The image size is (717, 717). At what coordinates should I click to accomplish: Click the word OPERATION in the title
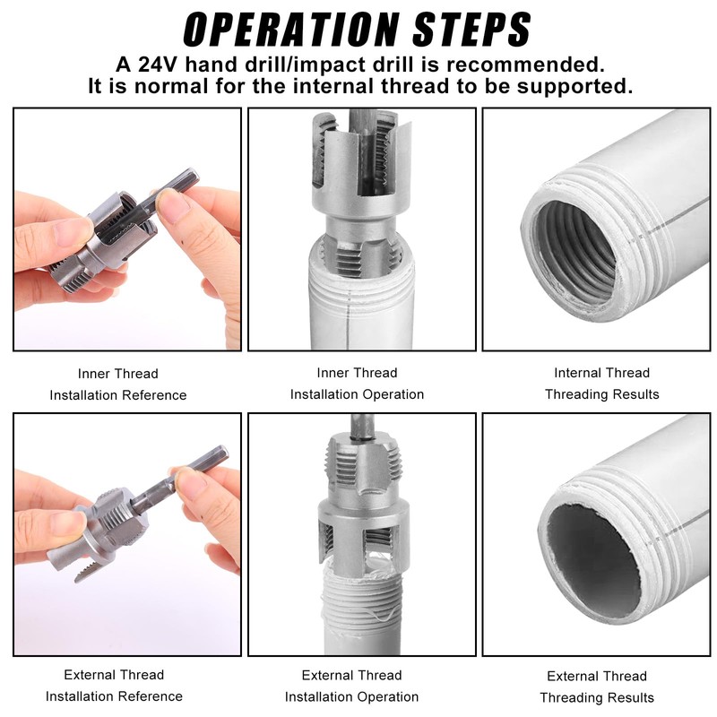coord(290,30)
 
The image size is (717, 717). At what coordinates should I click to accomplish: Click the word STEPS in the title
coord(471,30)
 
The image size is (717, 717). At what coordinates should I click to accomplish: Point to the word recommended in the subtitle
coord(525,65)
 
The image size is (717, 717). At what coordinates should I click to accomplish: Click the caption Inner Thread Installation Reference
coord(118,384)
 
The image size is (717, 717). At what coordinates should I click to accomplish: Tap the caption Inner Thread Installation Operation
coord(357,384)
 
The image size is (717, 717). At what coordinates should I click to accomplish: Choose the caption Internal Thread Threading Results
coord(601,384)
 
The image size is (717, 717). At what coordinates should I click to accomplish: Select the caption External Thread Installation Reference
coord(114,686)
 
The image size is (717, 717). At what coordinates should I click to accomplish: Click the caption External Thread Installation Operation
coord(351,686)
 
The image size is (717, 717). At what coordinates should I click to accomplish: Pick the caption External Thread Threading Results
coord(597,687)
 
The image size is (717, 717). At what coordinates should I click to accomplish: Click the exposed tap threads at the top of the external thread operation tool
coord(364,462)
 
